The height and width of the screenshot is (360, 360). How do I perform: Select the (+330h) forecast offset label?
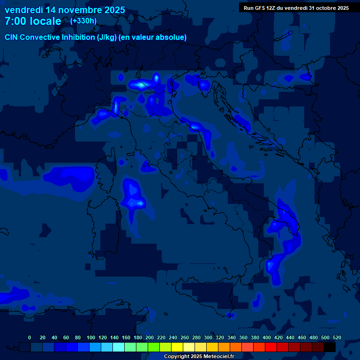pyautogui.click(x=83, y=21)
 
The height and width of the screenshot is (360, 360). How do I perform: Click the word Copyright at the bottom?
pyautogui.click(x=176, y=357)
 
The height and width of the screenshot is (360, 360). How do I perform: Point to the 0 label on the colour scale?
pyautogui.click(x=30, y=337)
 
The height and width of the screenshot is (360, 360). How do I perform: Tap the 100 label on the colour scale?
pyautogui.click(x=91, y=337)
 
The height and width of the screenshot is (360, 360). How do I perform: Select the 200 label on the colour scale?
pyautogui.click(x=150, y=337)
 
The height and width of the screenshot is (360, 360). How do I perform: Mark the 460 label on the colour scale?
pyautogui.click(x=302, y=337)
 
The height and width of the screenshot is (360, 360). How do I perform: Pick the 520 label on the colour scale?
pyautogui.click(x=337, y=337)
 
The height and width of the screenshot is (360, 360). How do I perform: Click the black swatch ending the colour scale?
pyautogui.click(x=330, y=347)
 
